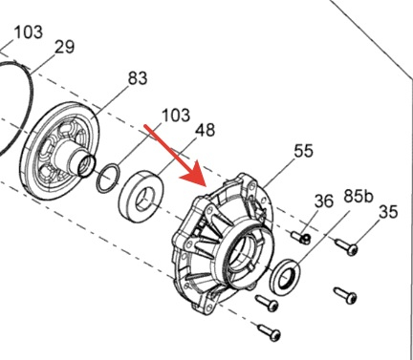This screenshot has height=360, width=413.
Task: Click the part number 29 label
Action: [x=65, y=47]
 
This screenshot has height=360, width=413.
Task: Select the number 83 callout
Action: [x=138, y=78]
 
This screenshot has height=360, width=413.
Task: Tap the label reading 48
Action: [x=205, y=130]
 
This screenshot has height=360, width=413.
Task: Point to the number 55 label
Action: [x=303, y=151]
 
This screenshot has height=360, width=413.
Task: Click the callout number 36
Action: [x=324, y=201]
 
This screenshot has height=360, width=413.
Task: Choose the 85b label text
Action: [x=358, y=197]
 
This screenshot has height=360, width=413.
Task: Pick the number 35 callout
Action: [x=388, y=212]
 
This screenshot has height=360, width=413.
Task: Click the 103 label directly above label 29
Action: [x=29, y=32]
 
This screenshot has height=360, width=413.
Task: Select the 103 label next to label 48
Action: [x=176, y=115]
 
